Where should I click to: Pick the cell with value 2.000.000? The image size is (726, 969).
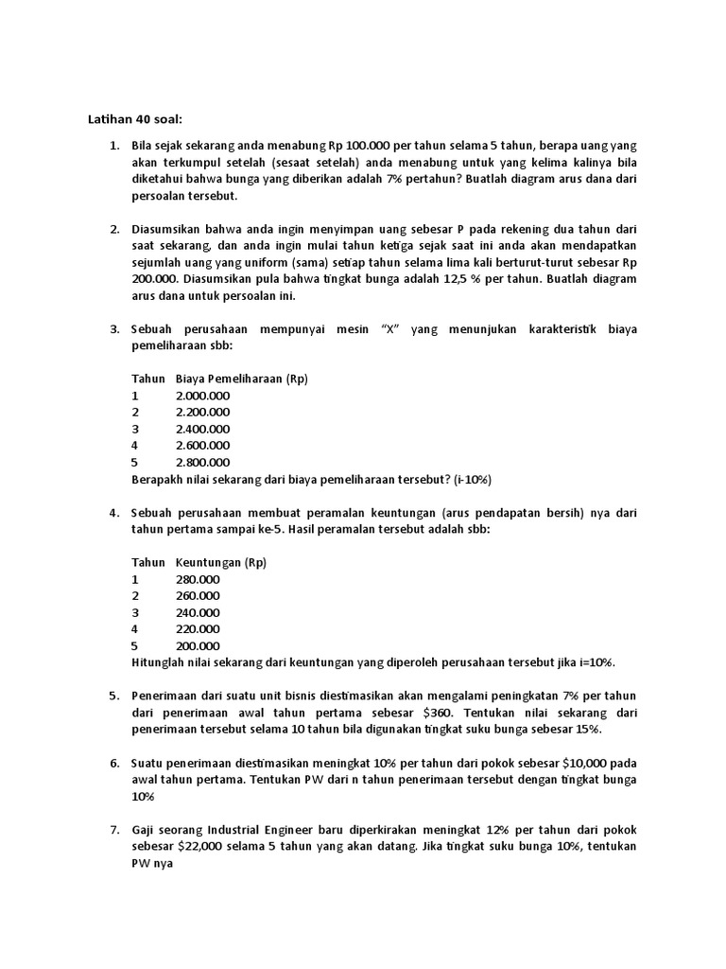[x=202, y=396]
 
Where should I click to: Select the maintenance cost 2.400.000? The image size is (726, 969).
[x=202, y=429]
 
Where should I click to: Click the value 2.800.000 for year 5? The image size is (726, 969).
[x=202, y=462]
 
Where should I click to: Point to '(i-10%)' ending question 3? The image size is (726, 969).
[x=471, y=479]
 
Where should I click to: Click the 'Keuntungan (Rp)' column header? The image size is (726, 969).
[x=221, y=562]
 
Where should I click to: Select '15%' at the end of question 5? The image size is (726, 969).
[x=587, y=730]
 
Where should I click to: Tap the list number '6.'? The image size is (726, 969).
[x=114, y=763]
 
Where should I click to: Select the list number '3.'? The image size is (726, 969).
[x=114, y=329]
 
